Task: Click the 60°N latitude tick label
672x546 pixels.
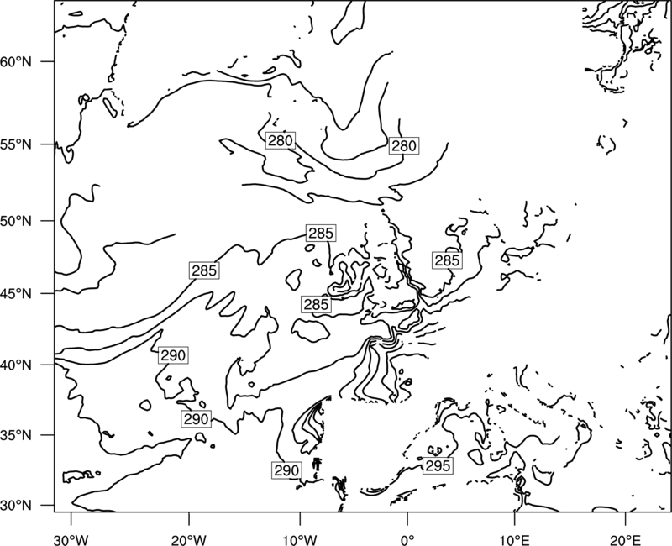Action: pyautogui.click(x=16, y=61)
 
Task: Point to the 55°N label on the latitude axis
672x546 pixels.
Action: pyautogui.click(x=16, y=144)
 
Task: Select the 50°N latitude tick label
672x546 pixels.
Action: pyautogui.click(x=16, y=221)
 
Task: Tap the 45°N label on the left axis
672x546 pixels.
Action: pyautogui.click(x=16, y=294)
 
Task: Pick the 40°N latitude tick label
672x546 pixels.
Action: pyautogui.click(x=16, y=365)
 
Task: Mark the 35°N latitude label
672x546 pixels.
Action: pyautogui.click(x=16, y=435)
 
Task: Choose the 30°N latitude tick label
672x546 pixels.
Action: pyautogui.click(x=16, y=506)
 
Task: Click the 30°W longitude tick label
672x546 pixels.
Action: pyautogui.click(x=71, y=540)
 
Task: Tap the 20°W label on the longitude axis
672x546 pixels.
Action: pyautogui.click(x=189, y=540)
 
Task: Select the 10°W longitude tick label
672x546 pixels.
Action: pyautogui.click(x=300, y=540)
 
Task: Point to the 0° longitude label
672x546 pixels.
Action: pyautogui.click(x=407, y=540)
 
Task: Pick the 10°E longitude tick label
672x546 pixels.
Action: pyautogui.click(x=514, y=540)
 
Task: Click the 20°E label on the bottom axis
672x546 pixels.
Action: pyautogui.click(x=625, y=540)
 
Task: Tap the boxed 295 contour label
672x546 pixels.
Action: pyautogui.click(x=438, y=465)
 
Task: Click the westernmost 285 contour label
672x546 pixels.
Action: pyautogui.click(x=204, y=270)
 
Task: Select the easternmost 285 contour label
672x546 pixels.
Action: pyautogui.click(x=447, y=260)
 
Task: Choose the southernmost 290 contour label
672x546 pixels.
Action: pyautogui.click(x=286, y=470)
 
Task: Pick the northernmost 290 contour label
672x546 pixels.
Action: pyautogui.click(x=173, y=355)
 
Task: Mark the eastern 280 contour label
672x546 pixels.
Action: pyautogui.click(x=404, y=146)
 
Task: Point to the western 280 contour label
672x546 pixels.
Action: pyautogui.click(x=281, y=140)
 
